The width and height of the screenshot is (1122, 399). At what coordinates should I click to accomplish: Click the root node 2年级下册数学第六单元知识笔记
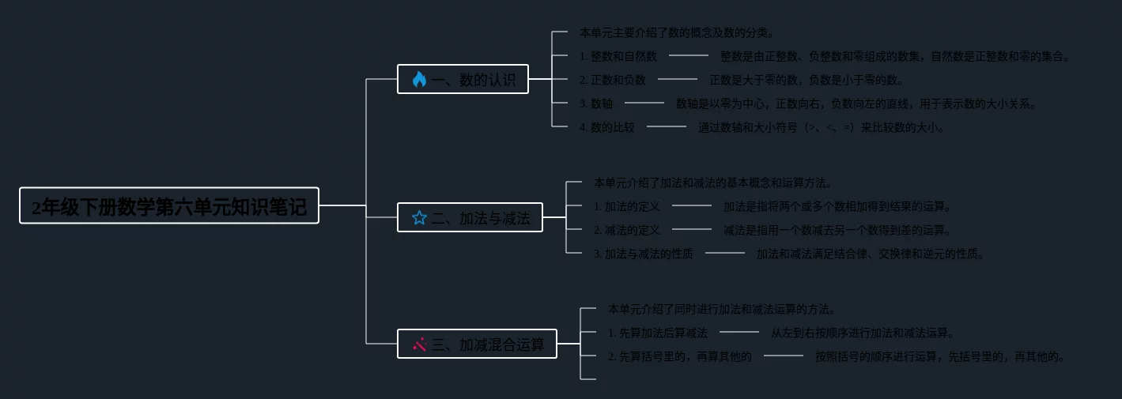(168, 206)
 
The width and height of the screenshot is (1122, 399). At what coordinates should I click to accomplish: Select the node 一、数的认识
(463, 79)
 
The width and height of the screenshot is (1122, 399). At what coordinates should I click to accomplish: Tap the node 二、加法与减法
(470, 217)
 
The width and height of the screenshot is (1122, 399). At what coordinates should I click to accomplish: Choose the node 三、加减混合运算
(477, 344)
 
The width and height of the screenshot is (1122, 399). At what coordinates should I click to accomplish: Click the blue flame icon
(419, 79)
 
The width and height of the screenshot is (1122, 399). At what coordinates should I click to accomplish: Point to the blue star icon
(419, 217)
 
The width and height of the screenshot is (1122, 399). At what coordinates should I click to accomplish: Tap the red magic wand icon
(419, 344)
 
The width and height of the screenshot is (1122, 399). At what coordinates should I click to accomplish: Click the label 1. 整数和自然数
(618, 56)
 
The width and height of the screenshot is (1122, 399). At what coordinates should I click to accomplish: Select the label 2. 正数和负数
(612, 80)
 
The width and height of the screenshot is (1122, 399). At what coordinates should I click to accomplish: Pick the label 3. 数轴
(595, 104)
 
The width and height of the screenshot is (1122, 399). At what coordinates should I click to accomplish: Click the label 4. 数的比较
(606, 127)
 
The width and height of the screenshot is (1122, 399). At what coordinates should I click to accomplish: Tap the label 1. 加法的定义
(626, 206)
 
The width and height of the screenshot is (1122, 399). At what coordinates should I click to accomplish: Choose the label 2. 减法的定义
(626, 230)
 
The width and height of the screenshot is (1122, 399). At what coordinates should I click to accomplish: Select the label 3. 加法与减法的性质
(643, 254)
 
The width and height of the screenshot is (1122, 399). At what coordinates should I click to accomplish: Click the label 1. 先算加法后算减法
(657, 333)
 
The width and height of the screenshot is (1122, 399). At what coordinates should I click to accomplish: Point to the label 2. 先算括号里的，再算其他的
(679, 356)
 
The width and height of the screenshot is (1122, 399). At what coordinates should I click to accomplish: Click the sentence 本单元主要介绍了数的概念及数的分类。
(677, 32)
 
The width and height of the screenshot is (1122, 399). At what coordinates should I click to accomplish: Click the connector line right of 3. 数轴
(644, 103)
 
